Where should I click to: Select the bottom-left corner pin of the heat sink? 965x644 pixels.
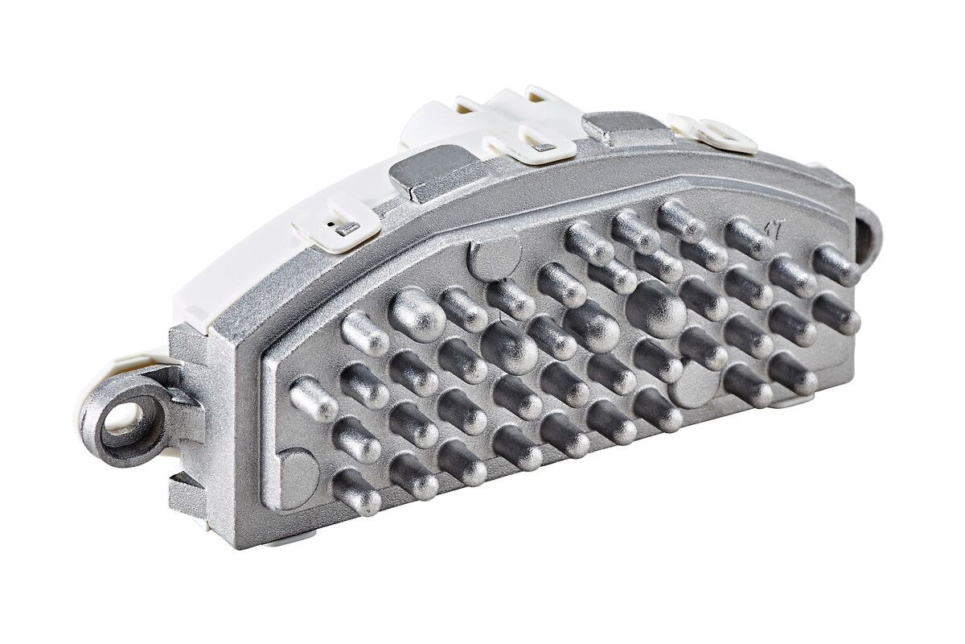coord(355,492)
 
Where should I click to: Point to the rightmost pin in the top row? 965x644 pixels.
coord(836,266)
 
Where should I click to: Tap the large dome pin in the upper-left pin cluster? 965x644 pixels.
coord(417,315)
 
